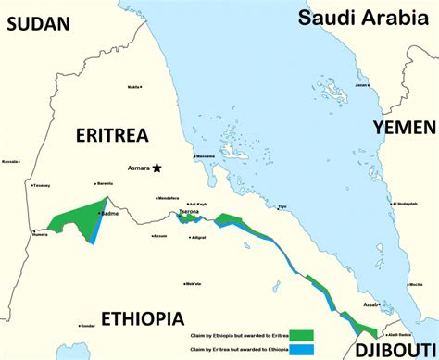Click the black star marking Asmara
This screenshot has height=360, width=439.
coord(157,168)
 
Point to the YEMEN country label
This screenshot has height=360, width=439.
coord(404,128)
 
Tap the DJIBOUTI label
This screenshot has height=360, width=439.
coord(390,348)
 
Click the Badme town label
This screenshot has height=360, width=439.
coord(109,213)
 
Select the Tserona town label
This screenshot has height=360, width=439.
coord(188,211)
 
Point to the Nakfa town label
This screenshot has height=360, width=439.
coord(134,87)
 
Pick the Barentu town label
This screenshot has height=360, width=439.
coord(105,183)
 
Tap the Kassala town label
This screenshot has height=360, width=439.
coord(10,161)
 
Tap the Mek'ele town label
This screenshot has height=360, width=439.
coord(193,284)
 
